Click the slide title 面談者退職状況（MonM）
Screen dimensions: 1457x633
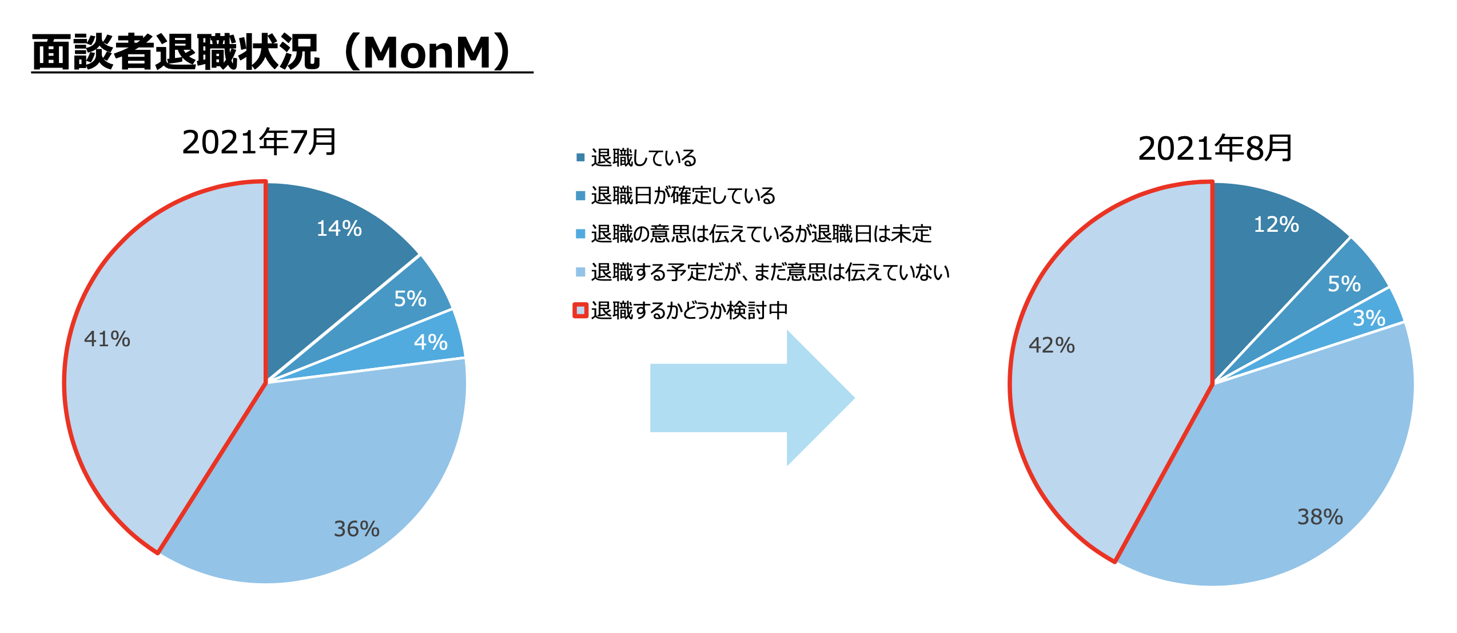pyautogui.click(x=274, y=53)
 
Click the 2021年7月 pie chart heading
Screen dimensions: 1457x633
pyautogui.click(x=259, y=143)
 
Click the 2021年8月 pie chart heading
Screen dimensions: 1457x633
pyautogui.click(x=1215, y=149)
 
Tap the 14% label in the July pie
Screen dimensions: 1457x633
pyautogui.click(x=339, y=228)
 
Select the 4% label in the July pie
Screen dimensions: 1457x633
pyautogui.click(x=431, y=342)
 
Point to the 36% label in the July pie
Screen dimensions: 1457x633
pyautogui.click(x=357, y=529)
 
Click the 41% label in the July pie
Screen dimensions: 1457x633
pyautogui.click(x=107, y=339)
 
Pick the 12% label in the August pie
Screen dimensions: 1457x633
pyautogui.click(x=1276, y=224)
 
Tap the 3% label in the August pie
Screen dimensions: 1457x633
pyautogui.click(x=1369, y=318)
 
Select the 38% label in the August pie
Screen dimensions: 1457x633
pyautogui.click(x=1320, y=517)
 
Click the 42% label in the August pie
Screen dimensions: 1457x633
pyautogui.click(x=1052, y=345)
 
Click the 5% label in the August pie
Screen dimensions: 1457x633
pyautogui.click(x=1344, y=284)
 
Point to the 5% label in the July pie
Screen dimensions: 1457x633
pyautogui.click(x=410, y=299)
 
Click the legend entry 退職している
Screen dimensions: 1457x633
pyautogui.click(x=643, y=157)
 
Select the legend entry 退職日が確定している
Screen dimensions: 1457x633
pyautogui.click(x=683, y=196)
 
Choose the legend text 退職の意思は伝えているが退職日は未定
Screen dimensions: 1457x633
pyautogui.click(x=761, y=234)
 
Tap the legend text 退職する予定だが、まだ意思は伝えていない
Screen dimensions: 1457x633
pyautogui.click(x=770, y=272)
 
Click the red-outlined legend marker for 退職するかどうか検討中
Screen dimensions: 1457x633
pyautogui.click(x=580, y=310)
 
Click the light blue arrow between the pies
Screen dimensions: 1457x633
pyautogui.click(x=752, y=398)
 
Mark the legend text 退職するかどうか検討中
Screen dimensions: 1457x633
pyautogui.click(x=689, y=311)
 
